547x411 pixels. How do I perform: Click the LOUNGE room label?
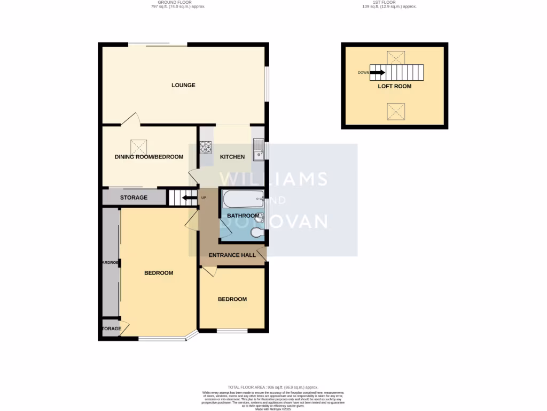click(x=183, y=85)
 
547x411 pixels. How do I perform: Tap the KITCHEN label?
click(x=232, y=157)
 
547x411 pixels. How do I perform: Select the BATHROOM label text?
click(x=243, y=216)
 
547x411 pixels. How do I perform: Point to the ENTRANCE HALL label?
click(x=232, y=255)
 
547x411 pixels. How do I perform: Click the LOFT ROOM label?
click(x=395, y=86)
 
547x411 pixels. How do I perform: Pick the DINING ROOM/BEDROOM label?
click(x=149, y=157)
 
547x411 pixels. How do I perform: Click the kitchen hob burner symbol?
click(x=206, y=147)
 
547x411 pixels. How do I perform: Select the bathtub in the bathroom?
click(x=243, y=200)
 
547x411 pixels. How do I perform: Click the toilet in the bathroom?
click(x=257, y=233)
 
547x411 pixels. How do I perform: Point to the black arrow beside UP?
click(x=188, y=198)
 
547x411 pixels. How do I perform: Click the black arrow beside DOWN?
click(x=378, y=72)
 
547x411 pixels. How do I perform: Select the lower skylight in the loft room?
click(x=395, y=111)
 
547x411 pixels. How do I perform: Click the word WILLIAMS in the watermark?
click(x=273, y=179)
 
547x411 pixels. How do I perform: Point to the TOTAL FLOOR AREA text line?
click(x=273, y=387)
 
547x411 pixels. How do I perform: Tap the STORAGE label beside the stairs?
click(x=134, y=197)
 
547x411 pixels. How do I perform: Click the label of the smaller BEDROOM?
click(x=232, y=299)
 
